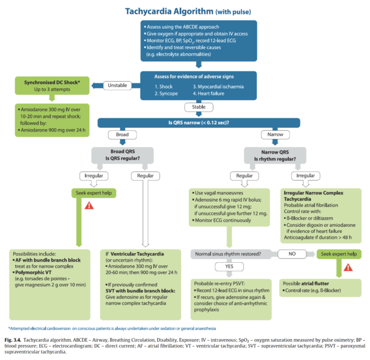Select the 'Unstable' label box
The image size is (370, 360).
pyautogui.click(x=118, y=86)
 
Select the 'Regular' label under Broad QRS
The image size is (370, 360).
pyautogui.click(x=143, y=176)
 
